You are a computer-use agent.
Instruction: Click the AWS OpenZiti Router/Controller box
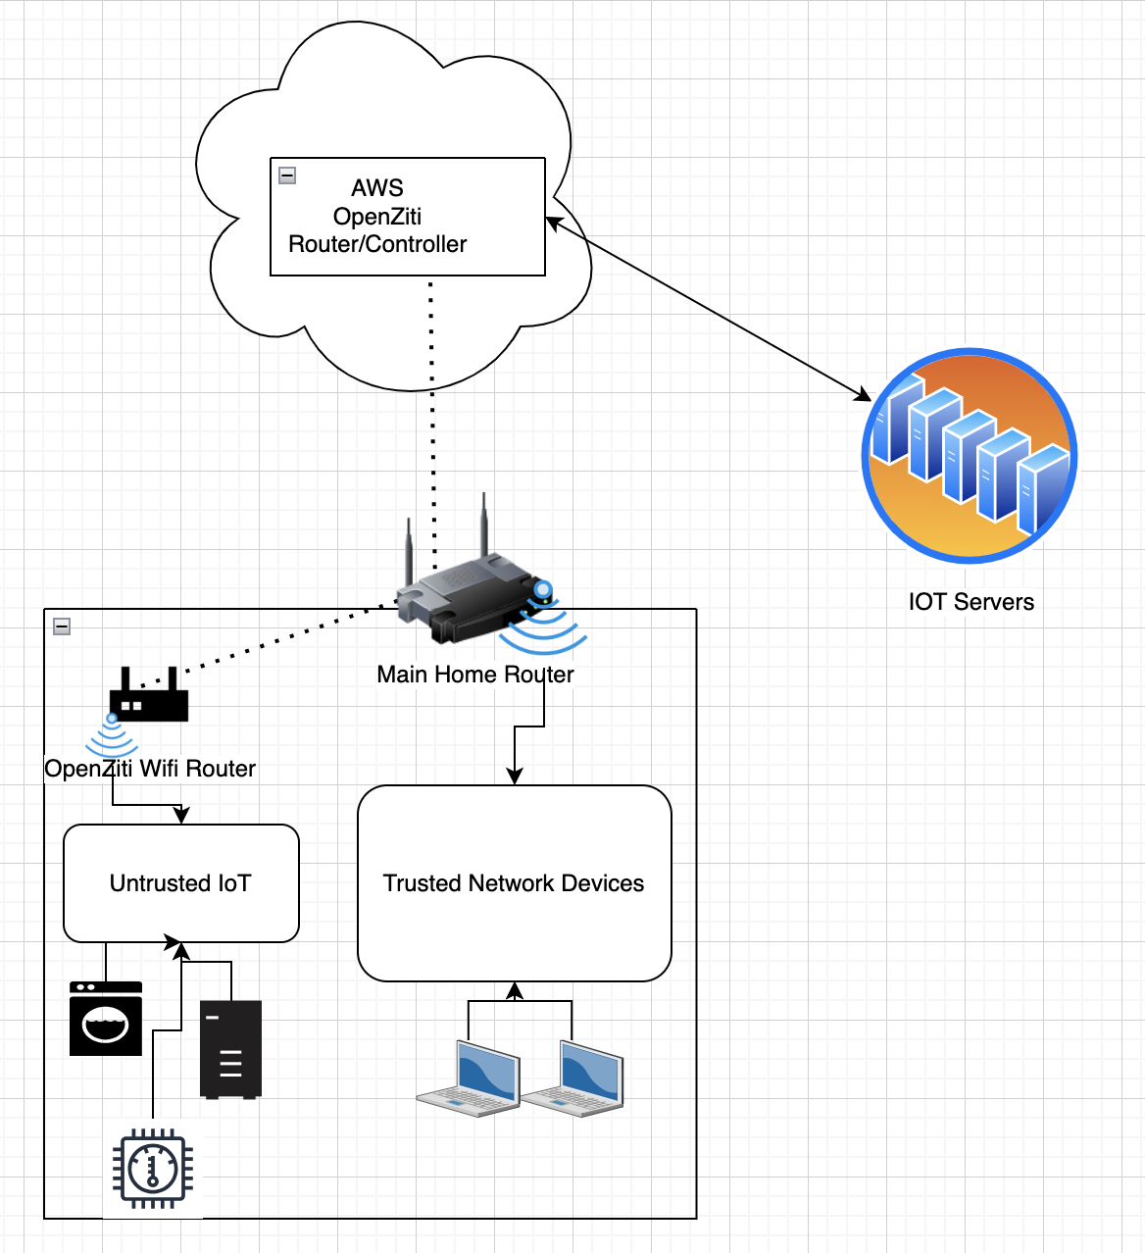click(x=407, y=217)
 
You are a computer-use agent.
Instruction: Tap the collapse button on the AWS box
click(x=287, y=175)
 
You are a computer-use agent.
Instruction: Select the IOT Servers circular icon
click(x=970, y=456)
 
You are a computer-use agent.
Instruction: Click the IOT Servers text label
click(x=971, y=602)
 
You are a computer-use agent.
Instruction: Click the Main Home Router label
click(x=475, y=675)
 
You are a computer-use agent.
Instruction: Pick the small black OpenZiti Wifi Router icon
click(x=148, y=696)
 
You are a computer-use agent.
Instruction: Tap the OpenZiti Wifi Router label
click(x=150, y=769)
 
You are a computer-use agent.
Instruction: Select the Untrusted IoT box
click(x=181, y=883)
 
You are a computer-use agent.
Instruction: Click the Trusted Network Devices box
click(x=514, y=883)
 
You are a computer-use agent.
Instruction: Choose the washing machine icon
click(x=106, y=1019)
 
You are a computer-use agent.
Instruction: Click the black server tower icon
click(x=230, y=1049)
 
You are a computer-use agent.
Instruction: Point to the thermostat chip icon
click(x=153, y=1168)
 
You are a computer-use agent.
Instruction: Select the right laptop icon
click(x=573, y=1079)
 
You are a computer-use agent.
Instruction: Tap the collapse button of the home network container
click(x=62, y=626)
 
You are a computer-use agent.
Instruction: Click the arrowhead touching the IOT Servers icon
click(x=864, y=395)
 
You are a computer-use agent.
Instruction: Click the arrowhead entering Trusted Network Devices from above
click(x=514, y=777)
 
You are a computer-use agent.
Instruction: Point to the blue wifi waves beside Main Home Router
click(x=542, y=626)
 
